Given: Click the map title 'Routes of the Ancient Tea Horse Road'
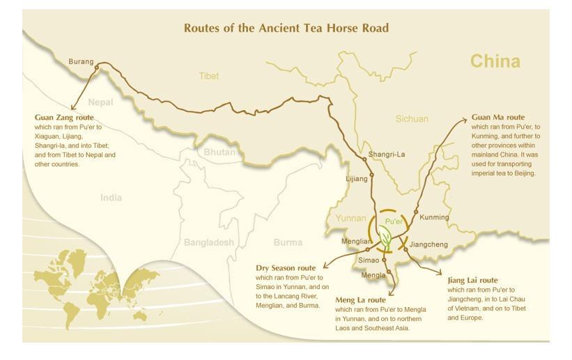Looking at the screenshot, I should (286, 28).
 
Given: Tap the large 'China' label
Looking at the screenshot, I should (495, 61).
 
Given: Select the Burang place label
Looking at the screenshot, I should (81, 62).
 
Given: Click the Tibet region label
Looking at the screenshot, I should (208, 76).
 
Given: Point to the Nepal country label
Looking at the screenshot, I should (100, 102).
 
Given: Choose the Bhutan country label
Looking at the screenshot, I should (219, 152).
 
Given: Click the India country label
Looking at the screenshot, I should (111, 198).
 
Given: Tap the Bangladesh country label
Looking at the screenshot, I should (209, 242).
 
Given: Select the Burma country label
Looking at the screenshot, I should (288, 242).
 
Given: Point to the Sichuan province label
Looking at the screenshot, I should (412, 119).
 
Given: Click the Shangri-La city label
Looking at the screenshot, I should (387, 155).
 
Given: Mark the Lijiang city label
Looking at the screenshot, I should (357, 179).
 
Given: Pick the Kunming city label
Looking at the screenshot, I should (435, 217).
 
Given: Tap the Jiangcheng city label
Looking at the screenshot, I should (428, 244).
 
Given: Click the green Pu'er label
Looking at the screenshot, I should (394, 221).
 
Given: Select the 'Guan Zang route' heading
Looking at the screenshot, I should (64, 118).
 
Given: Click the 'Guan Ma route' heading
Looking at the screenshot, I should (497, 117).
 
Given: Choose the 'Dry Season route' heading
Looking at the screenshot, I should (286, 268).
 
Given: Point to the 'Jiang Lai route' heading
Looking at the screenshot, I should (472, 280).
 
